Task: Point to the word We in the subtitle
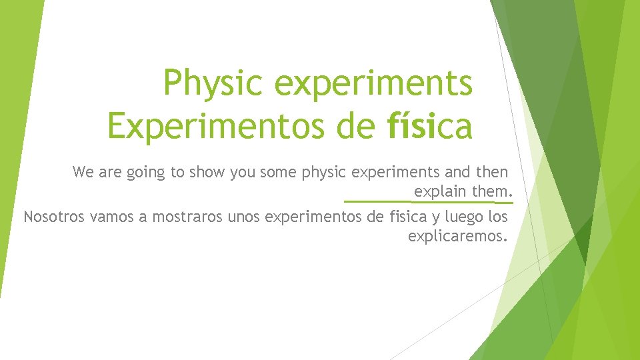[x=83, y=173]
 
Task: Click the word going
[x=143, y=173]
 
